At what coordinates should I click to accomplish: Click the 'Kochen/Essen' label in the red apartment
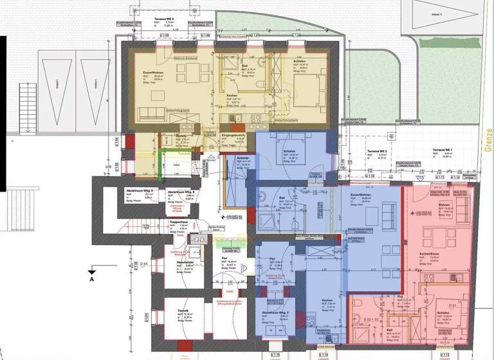coord(429,256)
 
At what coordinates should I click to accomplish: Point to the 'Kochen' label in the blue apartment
coord(326,301)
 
